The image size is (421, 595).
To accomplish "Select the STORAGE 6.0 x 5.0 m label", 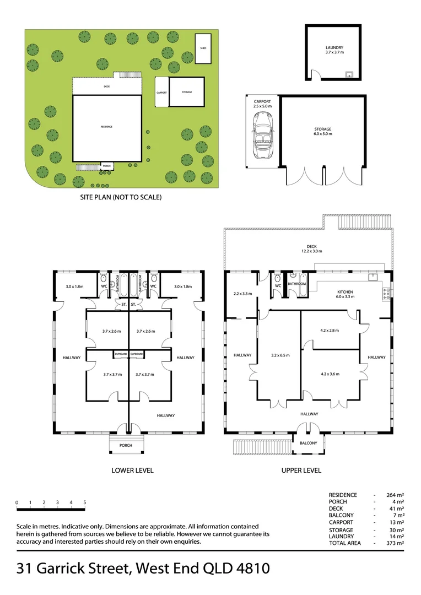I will tap(322, 131).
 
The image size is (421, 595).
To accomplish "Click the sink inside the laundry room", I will tap(348, 74).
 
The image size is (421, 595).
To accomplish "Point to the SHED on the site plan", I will tap(203, 48).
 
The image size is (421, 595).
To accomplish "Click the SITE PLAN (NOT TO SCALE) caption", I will tap(121, 197).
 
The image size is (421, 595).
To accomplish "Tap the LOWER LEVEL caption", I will tap(132, 470).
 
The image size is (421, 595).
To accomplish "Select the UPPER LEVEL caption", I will tap(301, 470).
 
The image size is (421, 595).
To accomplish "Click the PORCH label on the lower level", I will tap(126, 445).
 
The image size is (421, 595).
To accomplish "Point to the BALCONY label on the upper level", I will tap(308, 443).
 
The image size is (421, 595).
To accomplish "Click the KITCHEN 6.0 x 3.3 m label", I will tap(346, 295).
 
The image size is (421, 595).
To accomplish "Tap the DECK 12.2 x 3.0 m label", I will tap(311, 249).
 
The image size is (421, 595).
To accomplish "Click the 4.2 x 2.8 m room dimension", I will tap(329, 331).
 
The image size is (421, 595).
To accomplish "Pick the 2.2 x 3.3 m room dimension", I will tap(242, 294).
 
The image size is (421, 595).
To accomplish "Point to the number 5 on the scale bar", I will tap(85, 502).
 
